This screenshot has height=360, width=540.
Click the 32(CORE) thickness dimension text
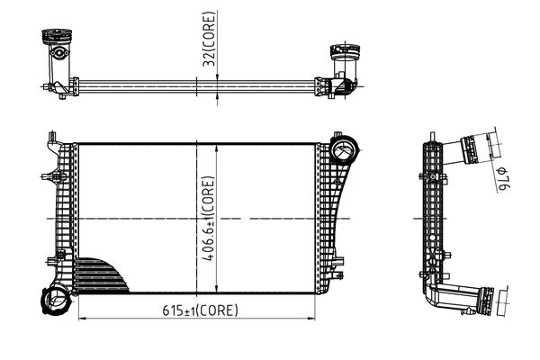pyautogui.click(x=209, y=44)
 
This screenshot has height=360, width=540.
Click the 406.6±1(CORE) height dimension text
pyautogui.click(x=209, y=219)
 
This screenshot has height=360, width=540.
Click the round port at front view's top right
pyautogui.click(x=343, y=148)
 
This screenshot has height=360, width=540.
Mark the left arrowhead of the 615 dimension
pyautogui.click(x=84, y=319)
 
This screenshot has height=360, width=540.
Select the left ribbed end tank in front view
pyautogui.click(x=61, y=216)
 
